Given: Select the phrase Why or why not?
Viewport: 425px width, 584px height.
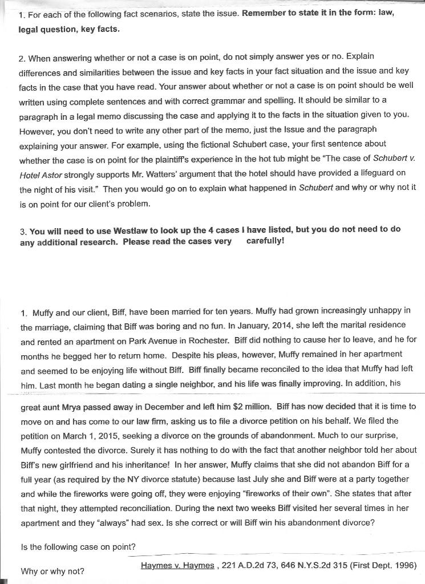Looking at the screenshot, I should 52,571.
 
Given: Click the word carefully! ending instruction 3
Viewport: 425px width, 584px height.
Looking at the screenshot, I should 265,241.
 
